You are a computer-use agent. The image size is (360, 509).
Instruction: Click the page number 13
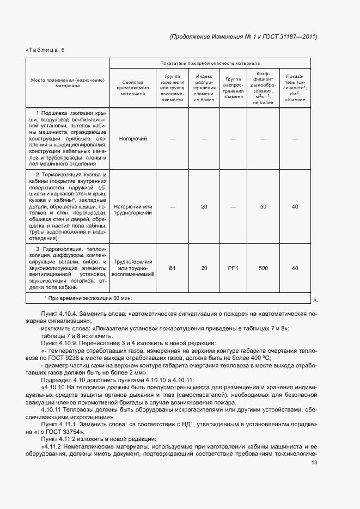314,463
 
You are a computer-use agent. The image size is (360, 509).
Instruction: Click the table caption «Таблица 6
46,50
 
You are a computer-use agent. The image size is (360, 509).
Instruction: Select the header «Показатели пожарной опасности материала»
210,63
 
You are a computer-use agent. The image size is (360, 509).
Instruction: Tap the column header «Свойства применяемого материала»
133,87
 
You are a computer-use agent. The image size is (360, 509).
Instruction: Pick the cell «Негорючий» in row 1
133,139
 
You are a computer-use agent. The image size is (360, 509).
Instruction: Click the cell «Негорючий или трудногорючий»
133,210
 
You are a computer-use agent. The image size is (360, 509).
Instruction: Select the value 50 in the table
264,207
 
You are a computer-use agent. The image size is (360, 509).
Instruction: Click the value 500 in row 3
264,268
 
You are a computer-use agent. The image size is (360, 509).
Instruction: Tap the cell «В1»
173,268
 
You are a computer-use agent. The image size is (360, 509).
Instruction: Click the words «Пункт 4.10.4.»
59,315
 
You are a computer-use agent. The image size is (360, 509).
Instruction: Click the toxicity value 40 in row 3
295,268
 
